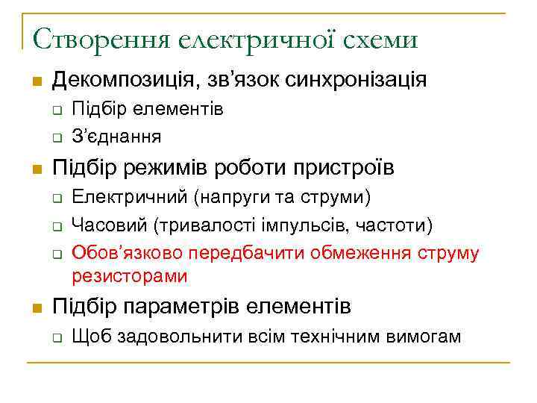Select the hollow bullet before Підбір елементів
(56, 111)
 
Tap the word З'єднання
(116, 136)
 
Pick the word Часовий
(110, 225)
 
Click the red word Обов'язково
(127, 252)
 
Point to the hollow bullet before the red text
(56, 253)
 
